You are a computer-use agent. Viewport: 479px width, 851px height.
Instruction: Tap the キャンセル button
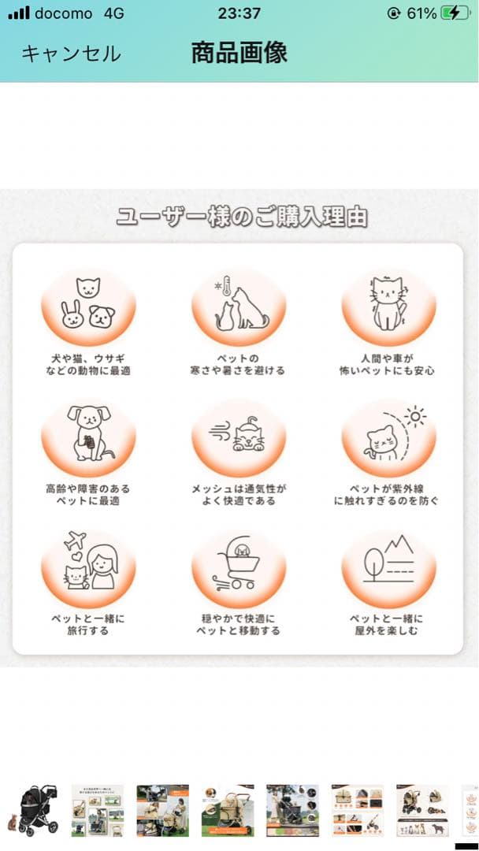(71, 54)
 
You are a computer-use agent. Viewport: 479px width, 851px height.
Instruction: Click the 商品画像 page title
(239, 53)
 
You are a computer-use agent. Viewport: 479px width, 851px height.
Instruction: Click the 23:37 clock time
(239, 13)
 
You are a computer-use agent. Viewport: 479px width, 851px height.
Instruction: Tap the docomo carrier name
(63, 13)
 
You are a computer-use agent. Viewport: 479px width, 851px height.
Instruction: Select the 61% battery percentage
(421, 13)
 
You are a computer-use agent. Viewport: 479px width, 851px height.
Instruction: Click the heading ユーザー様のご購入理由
(242, 216)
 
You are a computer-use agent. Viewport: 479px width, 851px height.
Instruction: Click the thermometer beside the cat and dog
(224, 289)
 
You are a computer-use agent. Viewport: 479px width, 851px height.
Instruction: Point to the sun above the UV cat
(414, 416)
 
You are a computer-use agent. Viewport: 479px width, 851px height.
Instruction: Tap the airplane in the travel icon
(76, 541)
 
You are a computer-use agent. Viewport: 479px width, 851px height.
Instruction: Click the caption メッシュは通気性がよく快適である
(238, 494)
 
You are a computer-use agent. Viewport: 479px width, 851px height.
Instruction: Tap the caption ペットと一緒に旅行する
(87, 624)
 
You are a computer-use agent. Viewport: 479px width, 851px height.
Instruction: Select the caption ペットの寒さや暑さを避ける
(238, 364)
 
